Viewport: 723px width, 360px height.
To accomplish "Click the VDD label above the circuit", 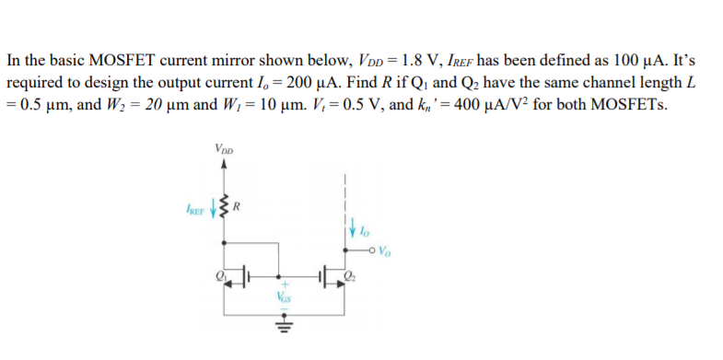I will point(223,147).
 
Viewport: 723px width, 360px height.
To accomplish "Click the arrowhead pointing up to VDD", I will point(222,163).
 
